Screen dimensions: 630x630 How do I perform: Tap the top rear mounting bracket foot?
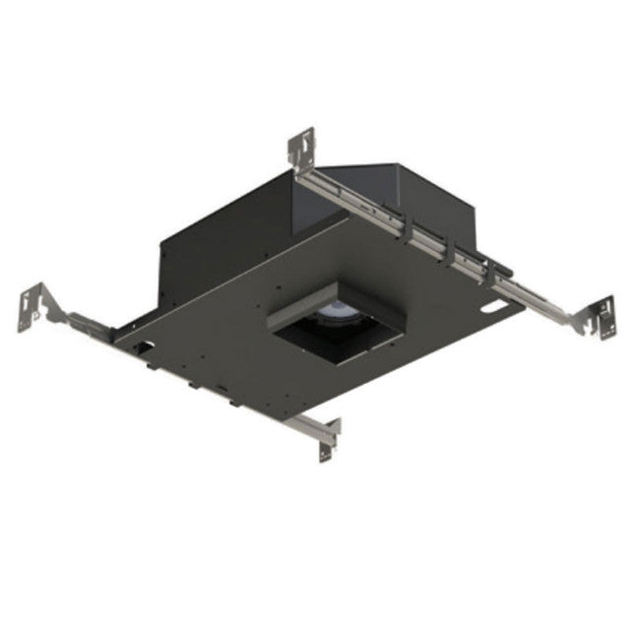(301, 148)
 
